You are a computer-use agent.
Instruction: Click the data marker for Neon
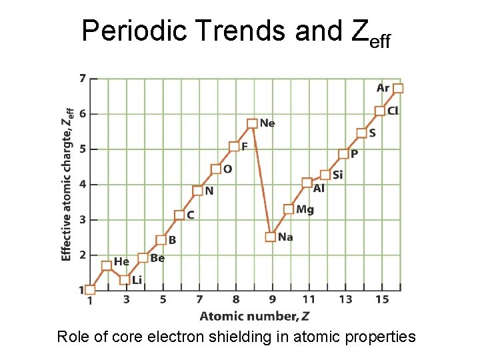pyautogui.click(x=252, y=123)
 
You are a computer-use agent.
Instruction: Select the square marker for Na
pyautogui.click(x=270, y=237)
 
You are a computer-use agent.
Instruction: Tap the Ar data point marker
pyautogui.click(x=398, y=88)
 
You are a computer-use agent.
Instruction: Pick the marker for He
pyautogui.click(x=107, y=265)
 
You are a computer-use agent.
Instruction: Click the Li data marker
pyautogui.click(x=124, y=280)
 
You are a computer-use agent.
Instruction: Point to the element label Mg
pyautogui.click(x=305, y=209)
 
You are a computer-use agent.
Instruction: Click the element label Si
pyautogui.click(x=337, y=175)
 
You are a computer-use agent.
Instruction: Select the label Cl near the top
pyautogui.click(x=393, y=111)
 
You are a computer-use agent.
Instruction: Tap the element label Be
pyautogui.click(x=157, y=258)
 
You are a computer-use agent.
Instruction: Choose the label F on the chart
pyautogui.click(x=245, y=146)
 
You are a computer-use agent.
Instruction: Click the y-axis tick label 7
pyautogui.click(x=82, y=78)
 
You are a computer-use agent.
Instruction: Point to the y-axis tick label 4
pyautogui.click(x=82, y=184)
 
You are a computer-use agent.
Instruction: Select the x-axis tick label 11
pyautogui.click(x=308, y=299)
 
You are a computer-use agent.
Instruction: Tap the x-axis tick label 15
pyautogui.click(x=381, y=299)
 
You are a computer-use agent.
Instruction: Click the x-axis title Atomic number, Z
pyautogui.click(x=255, y=315)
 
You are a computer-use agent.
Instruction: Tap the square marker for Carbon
pyautogui.click(x=179, y=215)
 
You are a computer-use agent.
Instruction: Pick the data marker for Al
pyautogui.click(x=307, y=183)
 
